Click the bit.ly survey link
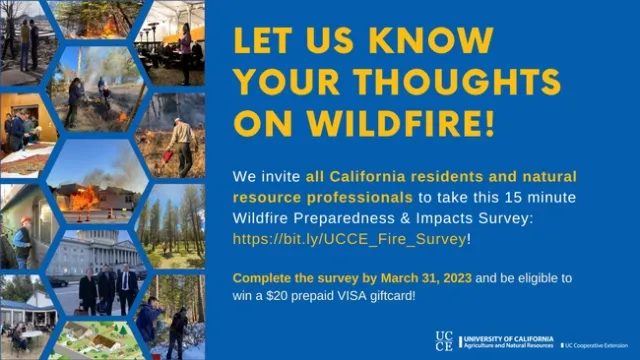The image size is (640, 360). point(347,240)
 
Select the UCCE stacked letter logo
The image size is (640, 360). point(444,341)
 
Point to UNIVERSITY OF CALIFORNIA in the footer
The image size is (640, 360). point(508,338)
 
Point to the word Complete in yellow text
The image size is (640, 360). point(260,275)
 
